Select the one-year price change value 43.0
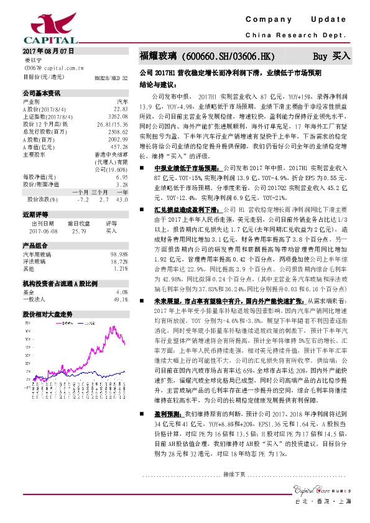point(122,199)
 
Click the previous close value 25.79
point(78,230)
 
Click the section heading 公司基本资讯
point(41,93)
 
